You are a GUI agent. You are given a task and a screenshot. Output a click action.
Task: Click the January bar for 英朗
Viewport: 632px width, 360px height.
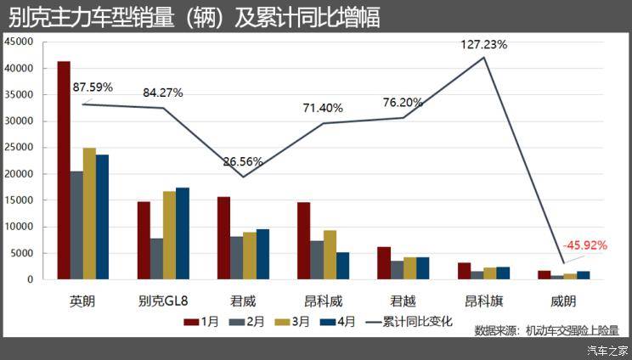pos(64,170)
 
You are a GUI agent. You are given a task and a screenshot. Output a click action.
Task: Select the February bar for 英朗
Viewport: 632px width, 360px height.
pos(76,225)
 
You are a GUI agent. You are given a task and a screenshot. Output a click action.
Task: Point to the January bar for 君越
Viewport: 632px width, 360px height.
pos(384,262)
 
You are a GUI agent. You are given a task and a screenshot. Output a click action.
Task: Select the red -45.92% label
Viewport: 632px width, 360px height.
pos(584,245)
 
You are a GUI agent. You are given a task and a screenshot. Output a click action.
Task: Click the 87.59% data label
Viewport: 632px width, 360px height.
pos(93,87)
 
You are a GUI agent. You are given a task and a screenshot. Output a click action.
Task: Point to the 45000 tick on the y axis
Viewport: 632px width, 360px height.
pos(19,42)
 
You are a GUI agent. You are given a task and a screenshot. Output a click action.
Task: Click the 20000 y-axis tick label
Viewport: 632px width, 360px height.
pos(19,174)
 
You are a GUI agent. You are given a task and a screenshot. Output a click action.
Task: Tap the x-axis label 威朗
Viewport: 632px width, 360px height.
pos(564,301)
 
